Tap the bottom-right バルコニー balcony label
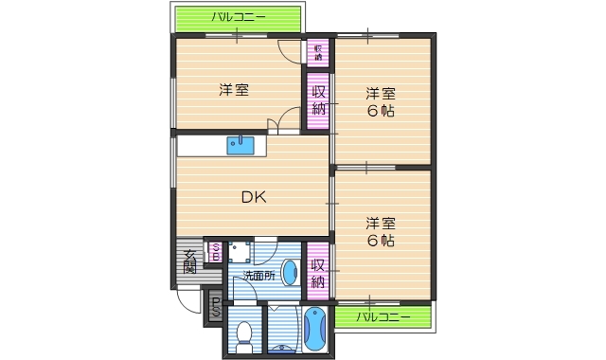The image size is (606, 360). [383, 316]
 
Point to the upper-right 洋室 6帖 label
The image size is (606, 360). [382, 101]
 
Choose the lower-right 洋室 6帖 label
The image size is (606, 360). [382, 232]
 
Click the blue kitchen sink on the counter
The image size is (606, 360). [240, 144]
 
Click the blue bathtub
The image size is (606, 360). [315, 332]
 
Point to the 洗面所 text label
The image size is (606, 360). [258, 276]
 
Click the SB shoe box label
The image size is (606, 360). [215, 252]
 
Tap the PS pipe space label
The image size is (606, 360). [215, 307]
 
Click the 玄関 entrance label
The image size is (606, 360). [190, 261]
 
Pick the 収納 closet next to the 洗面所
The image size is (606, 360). [318, 271]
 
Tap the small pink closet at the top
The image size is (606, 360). [317, 52]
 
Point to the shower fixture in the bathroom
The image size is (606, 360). [281, 349]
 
